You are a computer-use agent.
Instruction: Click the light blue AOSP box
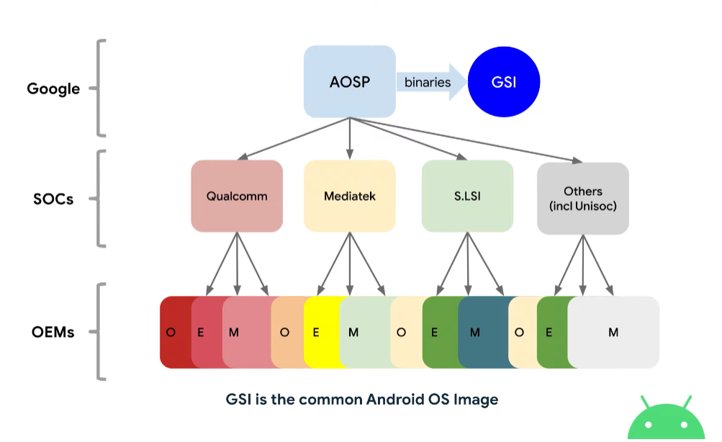pyautogui.click(x=349, y=81)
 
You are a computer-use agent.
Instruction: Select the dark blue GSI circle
pyautogui.click(x=504, y=81)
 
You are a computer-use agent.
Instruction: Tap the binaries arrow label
pyautogui.click(x=428, y=82)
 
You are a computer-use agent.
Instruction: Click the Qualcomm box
pyautogui.click(x=237, y=196)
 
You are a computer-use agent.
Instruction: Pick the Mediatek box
pyautogui.click(x=349, y=196)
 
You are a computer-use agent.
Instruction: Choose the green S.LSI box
pyautogui.click(x=467, y=196)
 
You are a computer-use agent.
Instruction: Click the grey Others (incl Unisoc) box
pyautogui.click(x=582, y=197)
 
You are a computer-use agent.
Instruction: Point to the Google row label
pyautogui.click(x=53, y=89)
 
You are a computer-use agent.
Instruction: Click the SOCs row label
pyautogui.click(x=53, y=199)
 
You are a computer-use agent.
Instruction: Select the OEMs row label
pyautogui.click(x=53, y=333)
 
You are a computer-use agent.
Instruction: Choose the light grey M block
pyautogui.click(x=613, y=333)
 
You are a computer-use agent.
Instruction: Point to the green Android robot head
pyautogui.click(x=665, y=420)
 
